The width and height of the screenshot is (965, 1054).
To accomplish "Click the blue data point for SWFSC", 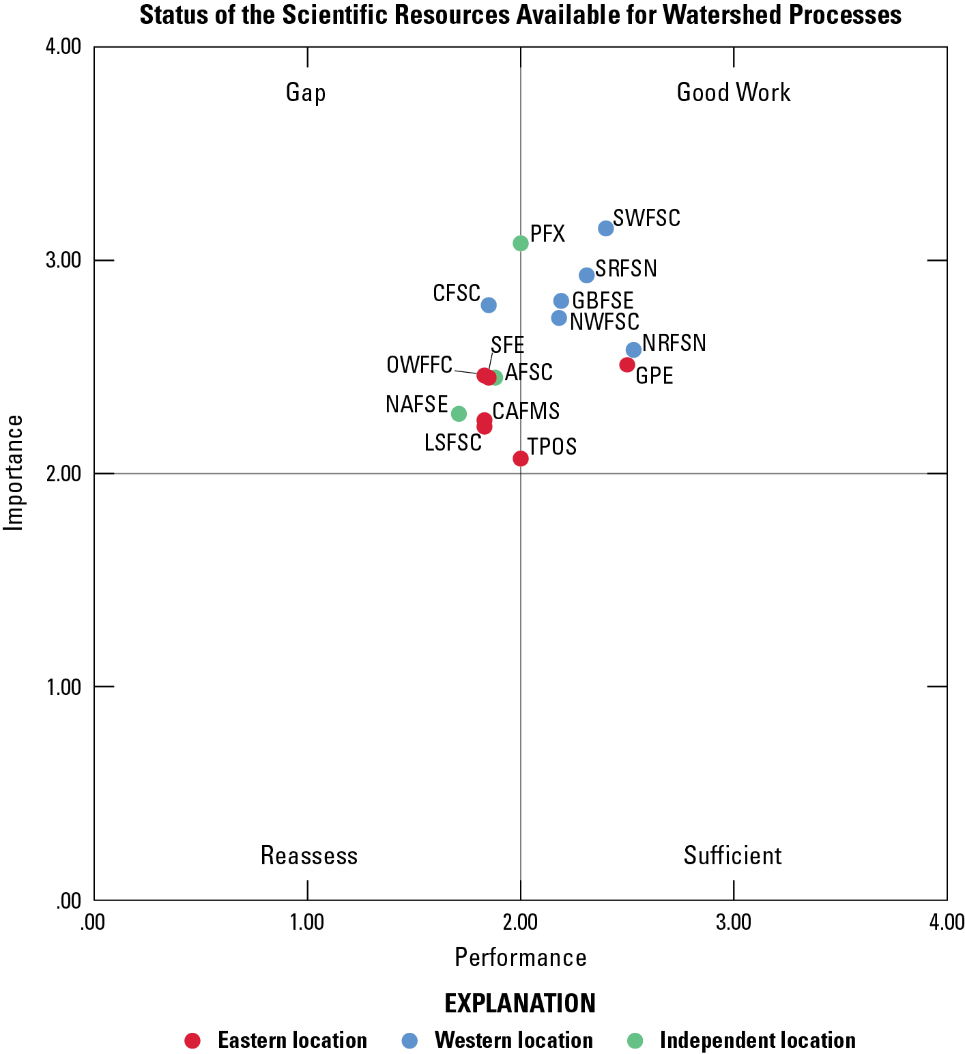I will pos(605,228).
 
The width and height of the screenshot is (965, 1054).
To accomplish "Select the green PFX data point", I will pos(521,243).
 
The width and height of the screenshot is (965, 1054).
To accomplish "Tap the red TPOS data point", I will pos(521,459).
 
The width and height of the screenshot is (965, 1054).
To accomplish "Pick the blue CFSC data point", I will pos(489,305).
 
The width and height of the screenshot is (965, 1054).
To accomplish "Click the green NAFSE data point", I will pos(459,414).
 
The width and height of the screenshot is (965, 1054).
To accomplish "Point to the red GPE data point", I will pos(627,365).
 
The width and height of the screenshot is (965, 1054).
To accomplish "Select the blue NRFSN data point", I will pos(633,350).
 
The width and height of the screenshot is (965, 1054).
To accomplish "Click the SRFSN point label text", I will pos(626,269).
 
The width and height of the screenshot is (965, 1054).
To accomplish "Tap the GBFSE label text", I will pos(603,300).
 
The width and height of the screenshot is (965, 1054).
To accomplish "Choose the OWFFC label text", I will pos(419,365).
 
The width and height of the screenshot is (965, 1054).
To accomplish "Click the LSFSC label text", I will pos(452,442).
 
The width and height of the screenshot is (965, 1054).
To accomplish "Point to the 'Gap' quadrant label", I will pos(306,93).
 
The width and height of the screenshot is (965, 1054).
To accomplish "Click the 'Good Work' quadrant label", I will pos(733,93).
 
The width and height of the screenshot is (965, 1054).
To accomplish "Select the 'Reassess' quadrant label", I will pos(309,855).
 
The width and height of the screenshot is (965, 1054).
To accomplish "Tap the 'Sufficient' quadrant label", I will pos(732,855).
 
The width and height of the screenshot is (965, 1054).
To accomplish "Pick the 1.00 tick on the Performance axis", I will pos(307,922).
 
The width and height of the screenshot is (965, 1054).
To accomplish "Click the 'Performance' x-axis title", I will pos(521,958).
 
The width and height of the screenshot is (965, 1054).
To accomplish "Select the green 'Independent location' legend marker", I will pos(635,1040).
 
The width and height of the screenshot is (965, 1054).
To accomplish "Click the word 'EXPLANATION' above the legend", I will pos(520,1003).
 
